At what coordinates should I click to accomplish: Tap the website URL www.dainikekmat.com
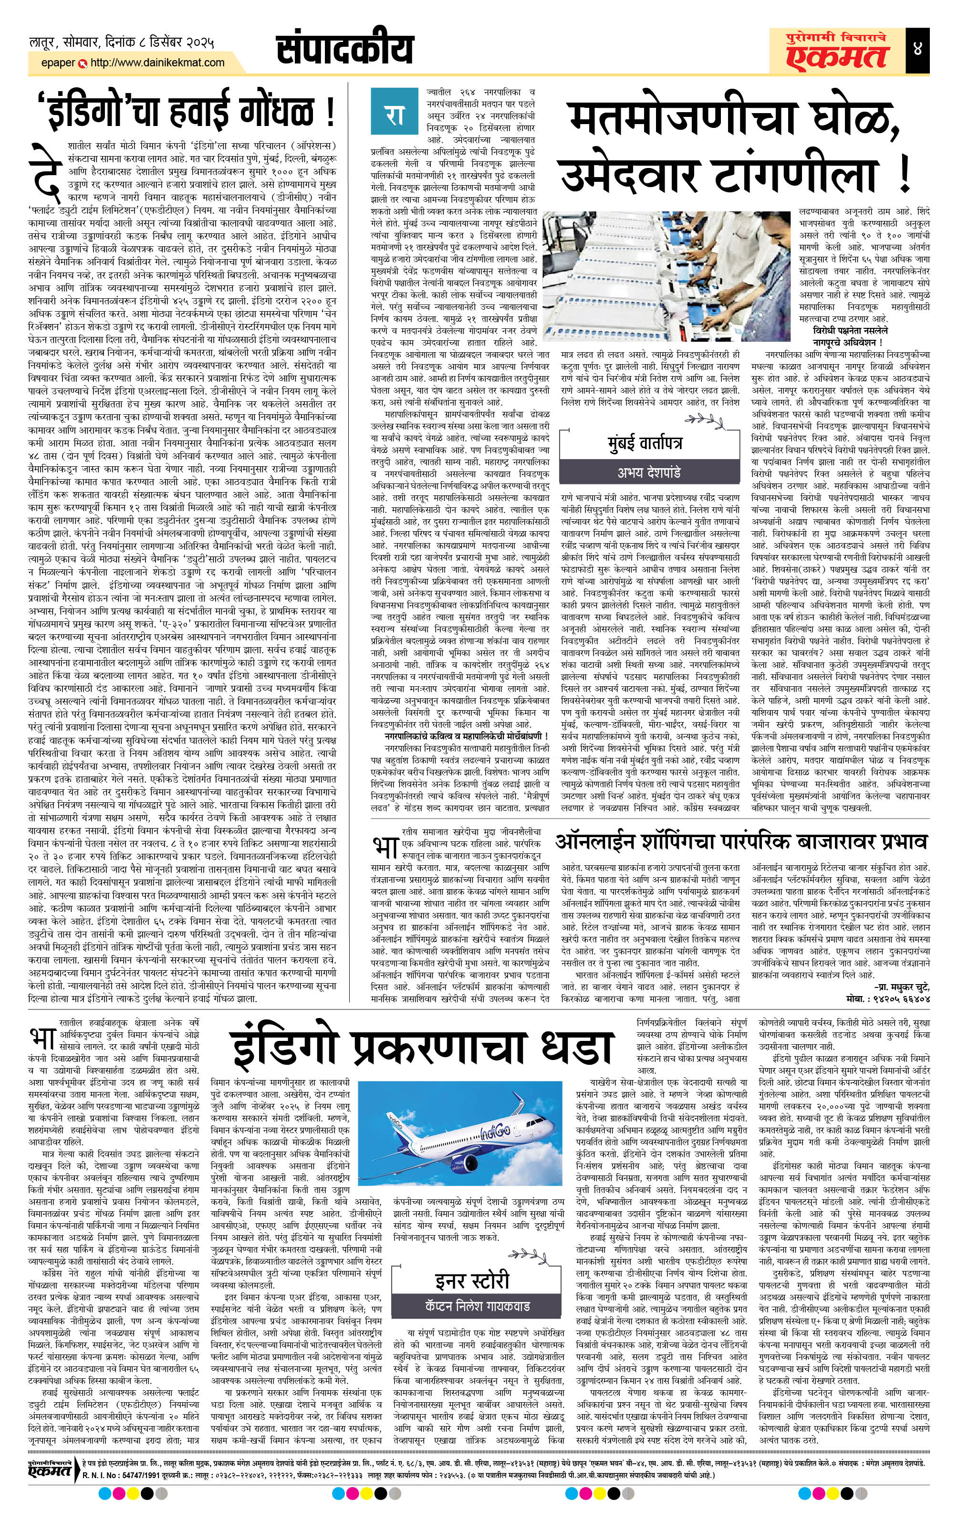(x=158, y=63)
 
